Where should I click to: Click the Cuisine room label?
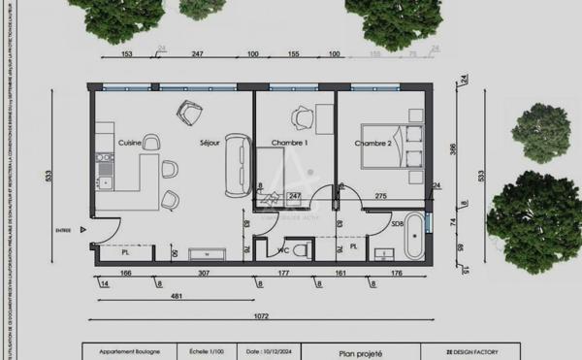(x=130, y=143)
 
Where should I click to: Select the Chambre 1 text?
(x=289, y=143)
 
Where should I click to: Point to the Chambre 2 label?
(x=373, y=144)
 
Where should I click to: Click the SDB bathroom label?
(x=398, y=224)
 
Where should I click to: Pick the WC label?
(x=284, y=250)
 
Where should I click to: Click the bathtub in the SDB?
(x=416, y=236)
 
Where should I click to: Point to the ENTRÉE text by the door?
(x=64, y=231)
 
